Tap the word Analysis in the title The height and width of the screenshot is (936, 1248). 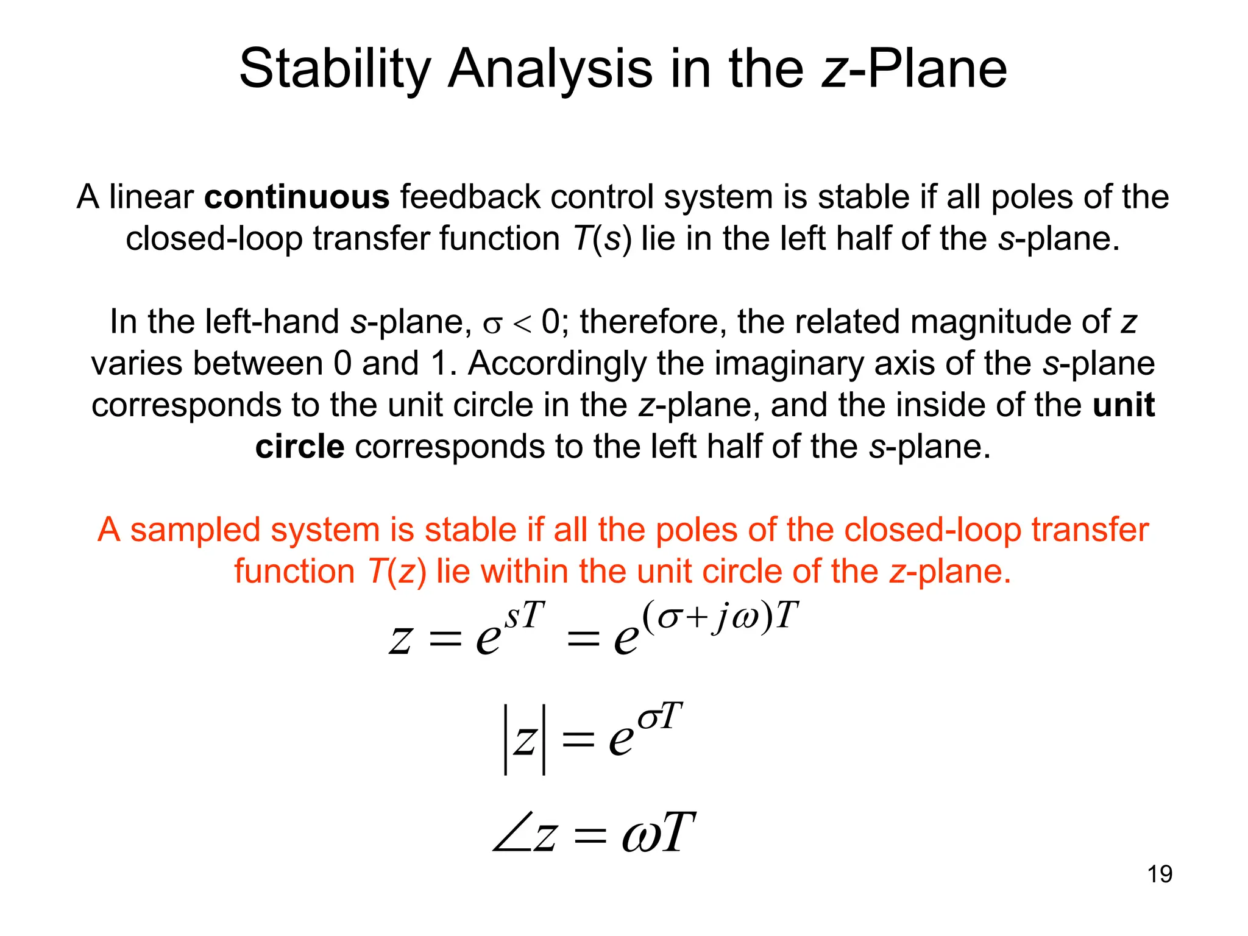(x=550, y=69)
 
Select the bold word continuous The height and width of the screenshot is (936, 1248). (x=297, y=197)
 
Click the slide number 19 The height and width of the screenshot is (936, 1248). (x=1159, y=874)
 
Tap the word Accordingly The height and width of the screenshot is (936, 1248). (x=556, y=363)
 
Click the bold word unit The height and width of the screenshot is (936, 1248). (x=1123, y=405)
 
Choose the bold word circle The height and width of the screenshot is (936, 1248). (x=300, y=447)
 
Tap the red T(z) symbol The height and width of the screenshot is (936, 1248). (x=397, y=572)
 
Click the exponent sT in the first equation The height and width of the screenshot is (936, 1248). (x=525, y=615)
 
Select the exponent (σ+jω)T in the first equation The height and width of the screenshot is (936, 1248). (x=719, y=615)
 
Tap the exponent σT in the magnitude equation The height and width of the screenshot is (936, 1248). (x=660, y=717)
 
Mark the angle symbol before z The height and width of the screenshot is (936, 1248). (x=511, y=833)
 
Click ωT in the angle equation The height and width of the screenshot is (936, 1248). (x=658, y=833)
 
